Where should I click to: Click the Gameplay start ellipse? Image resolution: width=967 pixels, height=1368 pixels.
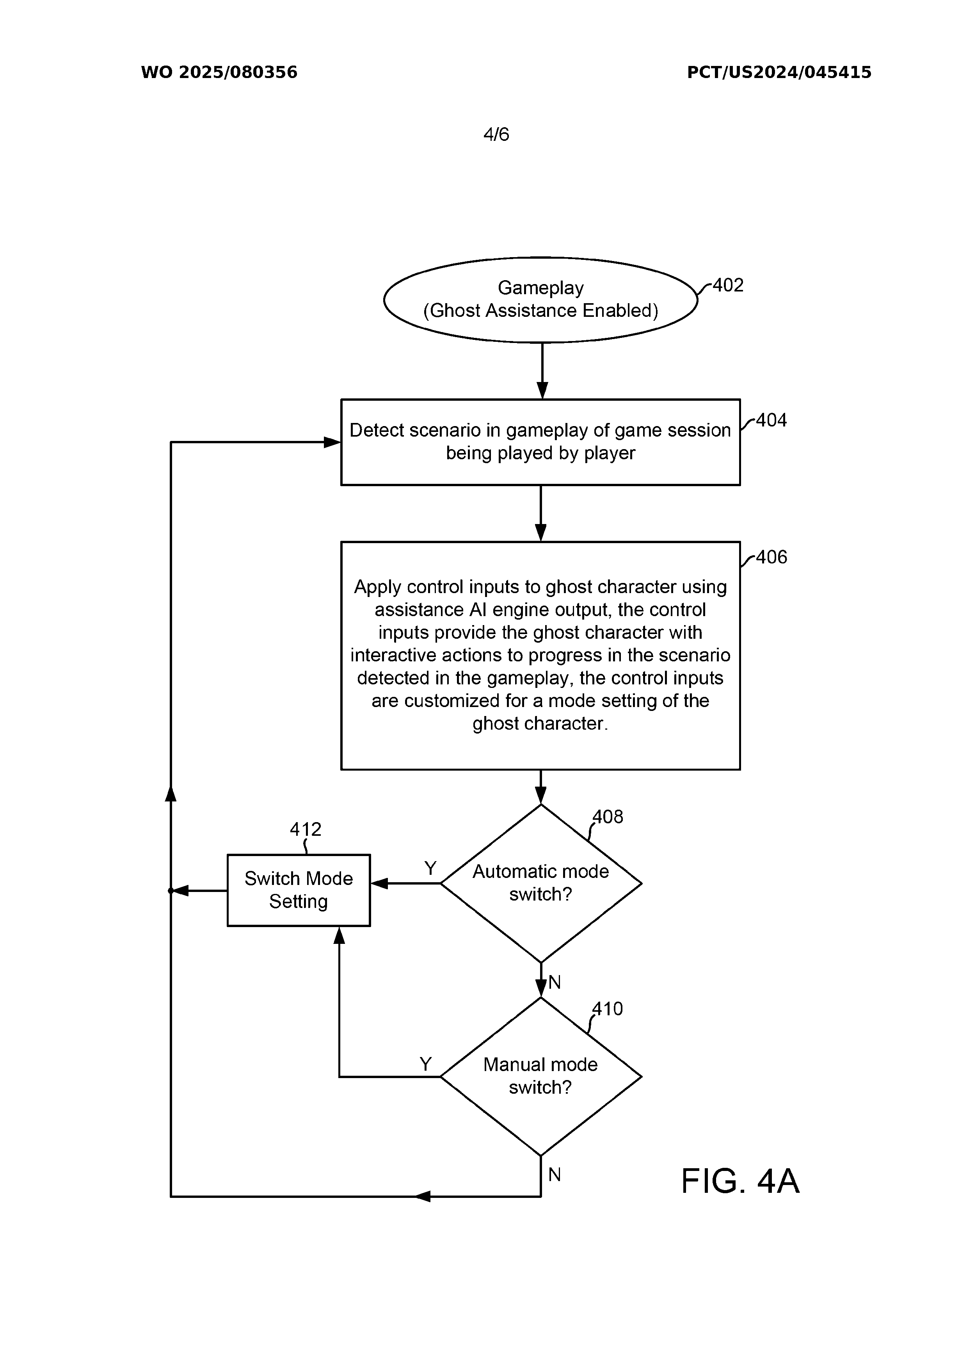[540, 300]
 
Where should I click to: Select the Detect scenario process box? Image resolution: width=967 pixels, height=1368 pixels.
[540, 442]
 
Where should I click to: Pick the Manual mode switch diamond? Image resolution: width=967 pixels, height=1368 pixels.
[540, 1076]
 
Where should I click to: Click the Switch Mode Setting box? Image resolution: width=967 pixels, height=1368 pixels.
[299, 890]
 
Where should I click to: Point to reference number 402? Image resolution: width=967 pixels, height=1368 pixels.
[728, 285]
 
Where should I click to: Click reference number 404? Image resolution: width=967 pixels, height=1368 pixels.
[771, 421]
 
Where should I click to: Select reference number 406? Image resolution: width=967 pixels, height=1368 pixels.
[771, 557]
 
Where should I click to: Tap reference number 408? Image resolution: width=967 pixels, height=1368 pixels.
[608, 817]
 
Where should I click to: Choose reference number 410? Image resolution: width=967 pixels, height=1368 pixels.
[608, 1009]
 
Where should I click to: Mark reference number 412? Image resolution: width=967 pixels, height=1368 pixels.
[306, 830]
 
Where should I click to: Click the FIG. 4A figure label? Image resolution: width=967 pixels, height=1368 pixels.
[740, 1181]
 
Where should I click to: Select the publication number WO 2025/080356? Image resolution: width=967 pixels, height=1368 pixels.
[219, 73]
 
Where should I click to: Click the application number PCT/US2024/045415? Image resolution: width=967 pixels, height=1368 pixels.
[779, 73]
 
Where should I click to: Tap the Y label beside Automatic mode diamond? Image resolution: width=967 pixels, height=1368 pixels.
[430, 868]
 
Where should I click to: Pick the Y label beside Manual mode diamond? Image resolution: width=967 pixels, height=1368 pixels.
[425, 1064]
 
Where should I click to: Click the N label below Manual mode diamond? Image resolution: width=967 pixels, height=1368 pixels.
[555, 1175]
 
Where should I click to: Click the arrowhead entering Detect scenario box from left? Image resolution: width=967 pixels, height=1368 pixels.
[332, 442]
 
